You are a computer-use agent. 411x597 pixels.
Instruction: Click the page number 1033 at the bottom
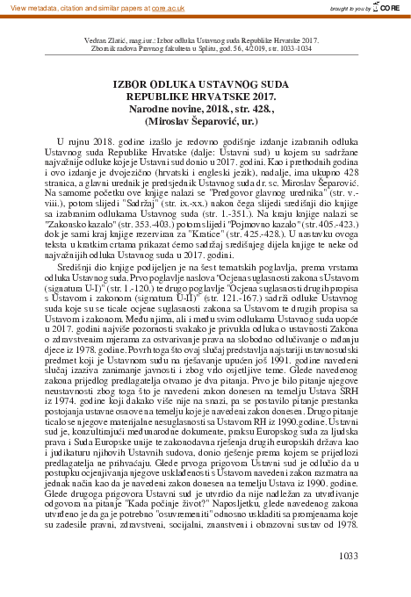(x=348, y=556)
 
